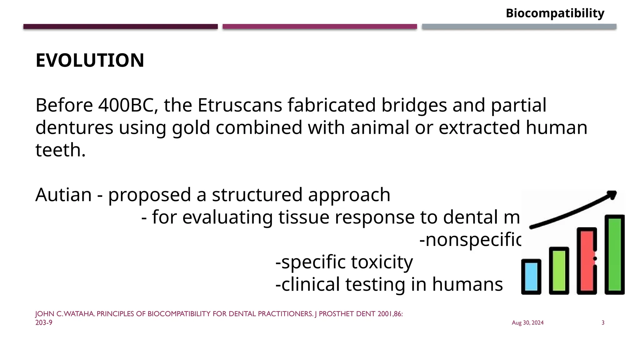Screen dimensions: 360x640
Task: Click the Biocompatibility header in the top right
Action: point(555,13)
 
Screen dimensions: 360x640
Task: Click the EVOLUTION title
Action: point(90,60)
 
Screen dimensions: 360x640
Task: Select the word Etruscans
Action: point(240,105)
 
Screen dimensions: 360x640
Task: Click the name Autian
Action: point(63,195)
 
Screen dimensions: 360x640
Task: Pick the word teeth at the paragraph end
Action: point(60,150)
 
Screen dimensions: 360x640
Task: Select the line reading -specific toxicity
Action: point(344,262)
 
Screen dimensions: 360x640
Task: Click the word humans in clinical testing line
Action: point(467,284)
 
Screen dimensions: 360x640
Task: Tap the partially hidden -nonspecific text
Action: point(470,240)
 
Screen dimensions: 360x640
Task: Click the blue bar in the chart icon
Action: point(531,277)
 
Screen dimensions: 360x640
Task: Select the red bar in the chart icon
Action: point(587,261)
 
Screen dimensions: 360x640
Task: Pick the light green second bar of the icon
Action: point(559,270)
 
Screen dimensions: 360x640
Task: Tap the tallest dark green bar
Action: point(614,254)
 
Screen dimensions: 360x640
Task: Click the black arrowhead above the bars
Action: point(612,196)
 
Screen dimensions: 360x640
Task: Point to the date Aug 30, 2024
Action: point(527,323)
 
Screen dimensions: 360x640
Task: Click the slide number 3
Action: point(603,323)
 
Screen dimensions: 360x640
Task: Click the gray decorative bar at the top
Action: point(519,27)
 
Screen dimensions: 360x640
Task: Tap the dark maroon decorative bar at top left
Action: point(120,27)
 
